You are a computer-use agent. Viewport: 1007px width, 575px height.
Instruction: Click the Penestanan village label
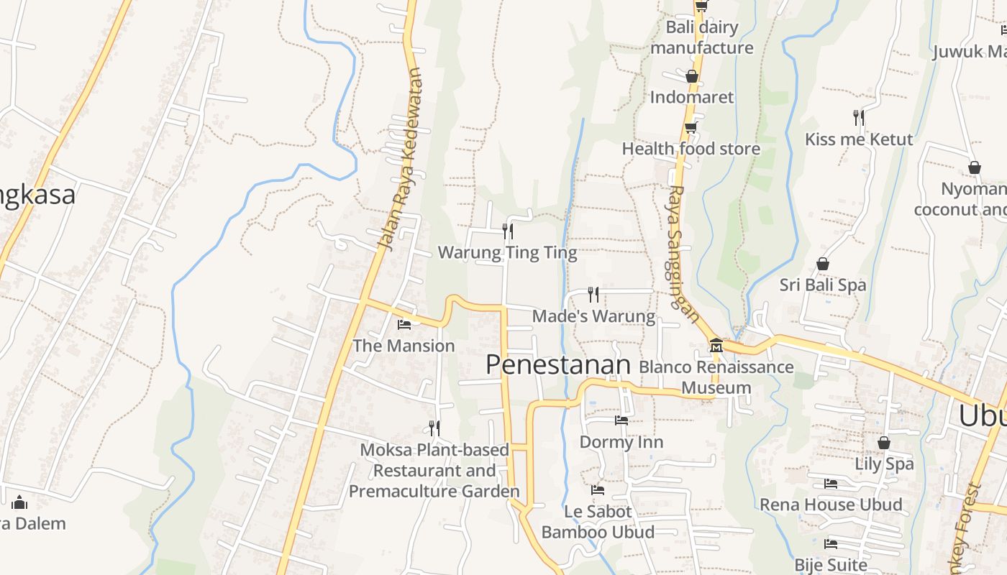[557, 364]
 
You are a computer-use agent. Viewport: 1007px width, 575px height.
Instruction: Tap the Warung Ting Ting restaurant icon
[508, 231]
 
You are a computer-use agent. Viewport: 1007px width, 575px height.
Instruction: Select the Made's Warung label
[593, 316]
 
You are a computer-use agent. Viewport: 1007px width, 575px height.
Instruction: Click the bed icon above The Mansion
[404, 324]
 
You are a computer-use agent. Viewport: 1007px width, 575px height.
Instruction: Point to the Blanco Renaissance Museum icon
[716, 346]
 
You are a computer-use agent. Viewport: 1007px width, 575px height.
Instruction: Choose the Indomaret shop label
[692, 97]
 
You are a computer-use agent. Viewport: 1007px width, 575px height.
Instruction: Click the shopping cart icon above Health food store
[691, 128]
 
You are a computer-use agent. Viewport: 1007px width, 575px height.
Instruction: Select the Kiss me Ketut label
[858, 139]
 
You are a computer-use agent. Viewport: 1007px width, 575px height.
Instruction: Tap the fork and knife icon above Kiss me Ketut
[858, 117]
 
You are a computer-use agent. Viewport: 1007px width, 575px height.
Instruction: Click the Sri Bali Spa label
[823, 285]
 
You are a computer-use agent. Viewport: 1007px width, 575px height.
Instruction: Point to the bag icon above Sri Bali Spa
[823, 264]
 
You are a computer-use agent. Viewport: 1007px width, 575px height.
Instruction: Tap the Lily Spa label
[884, 464]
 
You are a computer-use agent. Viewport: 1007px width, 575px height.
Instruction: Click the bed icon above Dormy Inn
[621, 420]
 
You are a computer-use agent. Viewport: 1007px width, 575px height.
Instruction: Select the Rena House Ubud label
[831, 505]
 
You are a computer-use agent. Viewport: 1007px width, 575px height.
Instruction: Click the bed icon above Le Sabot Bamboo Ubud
[597, 490]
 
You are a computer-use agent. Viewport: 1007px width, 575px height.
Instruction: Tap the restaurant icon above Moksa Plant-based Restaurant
[434, 428]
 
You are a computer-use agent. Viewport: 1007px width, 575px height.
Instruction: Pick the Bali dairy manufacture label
[701, 37]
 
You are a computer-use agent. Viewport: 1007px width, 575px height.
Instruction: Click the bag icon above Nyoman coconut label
[975, 167]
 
